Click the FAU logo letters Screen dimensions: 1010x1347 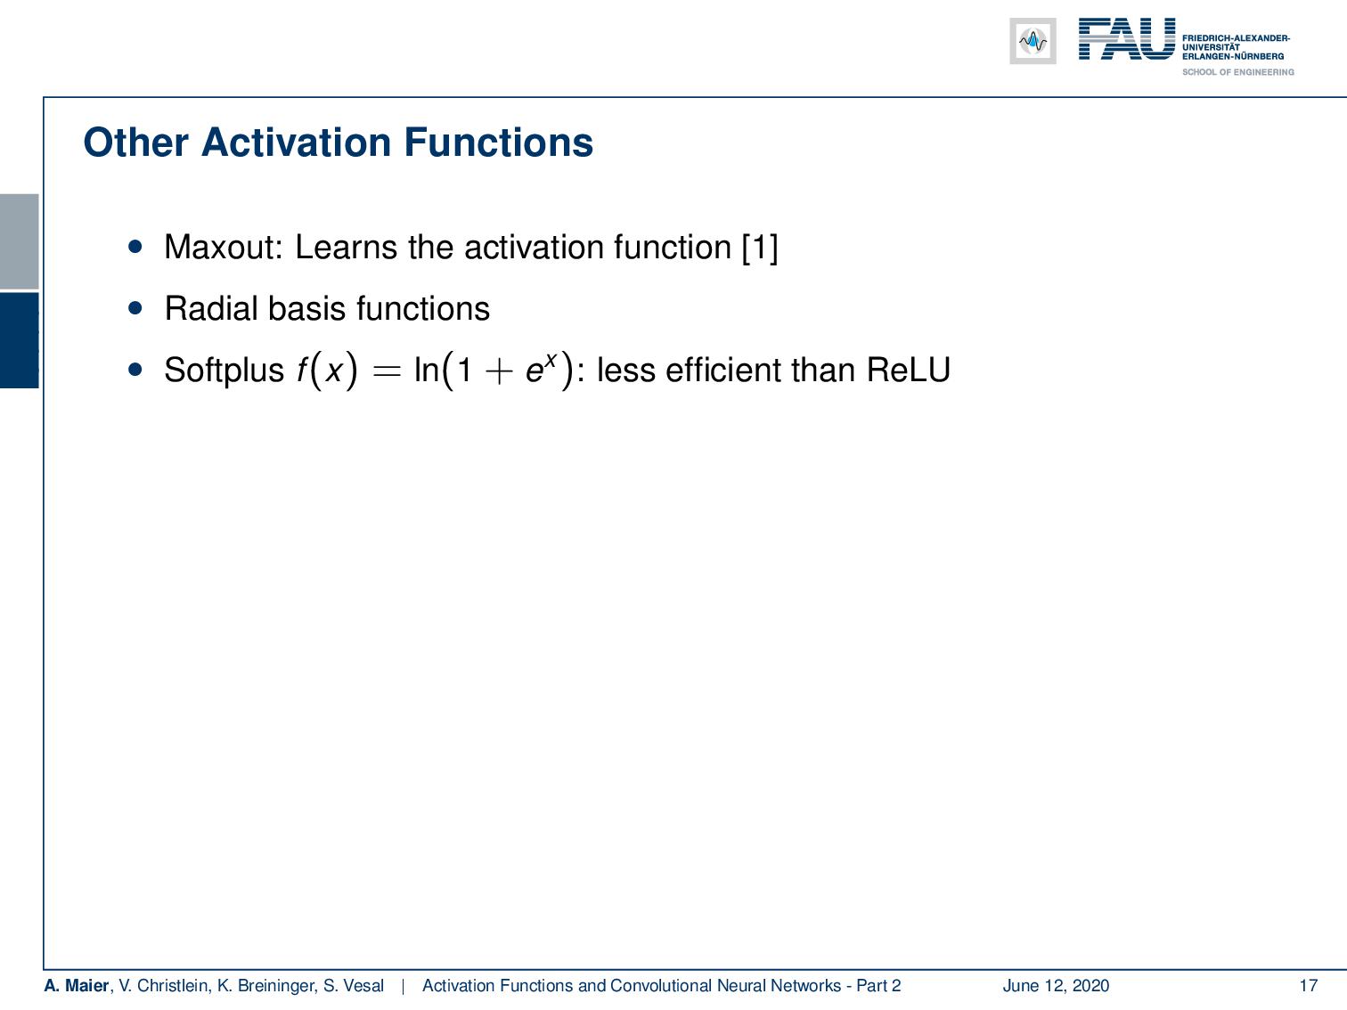1126,40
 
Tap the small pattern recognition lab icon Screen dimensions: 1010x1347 1033,41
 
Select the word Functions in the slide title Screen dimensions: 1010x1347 498,143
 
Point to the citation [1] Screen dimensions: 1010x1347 759,247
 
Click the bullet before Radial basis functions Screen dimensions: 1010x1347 135,308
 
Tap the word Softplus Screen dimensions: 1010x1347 224,370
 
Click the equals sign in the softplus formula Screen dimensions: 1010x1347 386,371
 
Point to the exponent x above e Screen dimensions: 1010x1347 551,358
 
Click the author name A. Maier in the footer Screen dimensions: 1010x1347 77,985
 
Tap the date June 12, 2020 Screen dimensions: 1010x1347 1056,985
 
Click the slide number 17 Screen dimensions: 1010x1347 1308,985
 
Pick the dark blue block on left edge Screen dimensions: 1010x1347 20,340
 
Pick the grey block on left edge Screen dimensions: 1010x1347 20,240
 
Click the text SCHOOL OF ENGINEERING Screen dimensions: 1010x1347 1237,72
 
